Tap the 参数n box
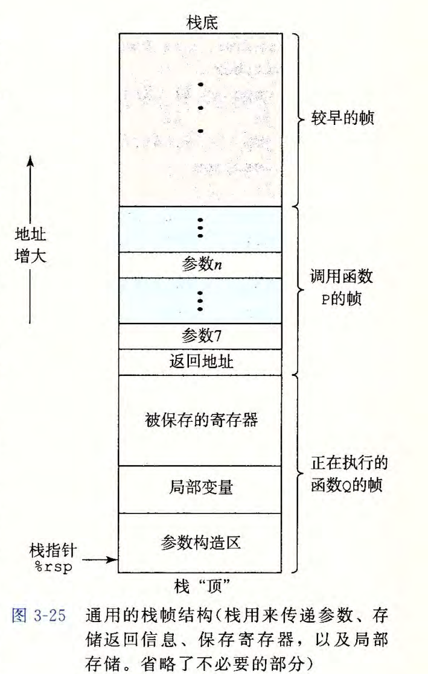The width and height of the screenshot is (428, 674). (x=200, y=264)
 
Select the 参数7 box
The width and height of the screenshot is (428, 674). (x=200, y=335)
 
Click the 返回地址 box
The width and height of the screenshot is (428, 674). (x=200, y=361)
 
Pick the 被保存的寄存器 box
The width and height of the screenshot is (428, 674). (x=200, y=419)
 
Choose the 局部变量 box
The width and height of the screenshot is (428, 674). (x=200, y=489)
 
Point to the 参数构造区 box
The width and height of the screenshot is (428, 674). (x=200, y=542)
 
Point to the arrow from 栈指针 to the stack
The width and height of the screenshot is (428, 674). (x=100, y=559)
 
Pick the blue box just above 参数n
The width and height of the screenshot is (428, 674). (x=200, y=229)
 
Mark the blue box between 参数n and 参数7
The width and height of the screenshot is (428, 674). (x=200, y=300)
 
